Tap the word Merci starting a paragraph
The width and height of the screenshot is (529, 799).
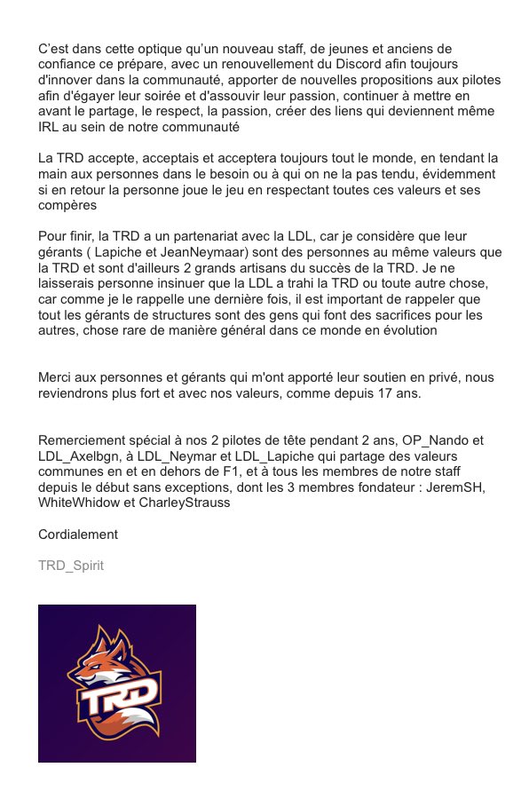(x=57, y=377)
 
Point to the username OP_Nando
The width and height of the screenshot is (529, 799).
(x=425, y=441)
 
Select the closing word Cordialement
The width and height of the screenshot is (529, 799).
(x=78, y=534)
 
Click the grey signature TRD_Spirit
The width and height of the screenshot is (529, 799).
(x=71, y=566)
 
